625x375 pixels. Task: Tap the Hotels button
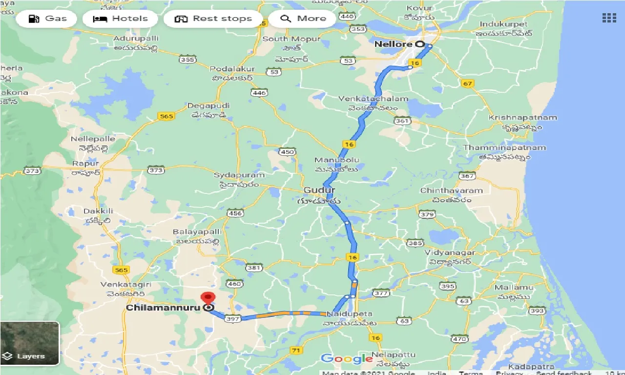(x=120, y=19)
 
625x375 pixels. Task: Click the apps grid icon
(x=609, y=18)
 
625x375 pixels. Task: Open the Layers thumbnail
(x=30, y=343)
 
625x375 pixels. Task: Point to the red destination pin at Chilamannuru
(x=208, y=298)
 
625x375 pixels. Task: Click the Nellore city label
(x=394, y=44)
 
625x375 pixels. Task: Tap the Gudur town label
(x=319, y=190)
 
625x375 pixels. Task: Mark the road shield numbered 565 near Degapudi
(x=166, y=116)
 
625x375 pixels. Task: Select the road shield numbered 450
(x=288, y=152)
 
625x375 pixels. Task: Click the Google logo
(x=347, y=359)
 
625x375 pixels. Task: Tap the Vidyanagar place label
(x=449, y=252)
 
